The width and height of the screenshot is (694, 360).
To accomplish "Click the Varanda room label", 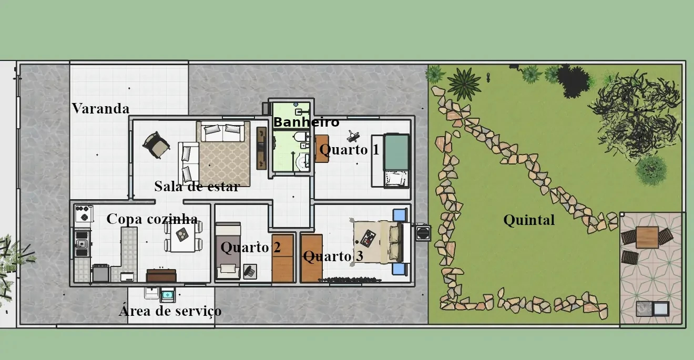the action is (101, 108).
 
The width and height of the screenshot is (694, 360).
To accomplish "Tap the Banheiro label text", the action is (306, 122).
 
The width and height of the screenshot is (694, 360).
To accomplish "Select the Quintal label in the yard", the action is (529, 220).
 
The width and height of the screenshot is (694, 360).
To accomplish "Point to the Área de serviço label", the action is (170, 311).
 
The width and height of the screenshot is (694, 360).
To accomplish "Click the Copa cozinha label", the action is (152, 219).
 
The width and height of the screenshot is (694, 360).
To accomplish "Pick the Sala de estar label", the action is (197, 186).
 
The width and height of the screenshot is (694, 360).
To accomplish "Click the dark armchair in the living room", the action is (156, 145).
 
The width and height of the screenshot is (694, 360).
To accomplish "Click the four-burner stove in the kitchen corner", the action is (84, 213).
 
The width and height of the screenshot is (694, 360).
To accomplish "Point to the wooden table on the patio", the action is (647, 238).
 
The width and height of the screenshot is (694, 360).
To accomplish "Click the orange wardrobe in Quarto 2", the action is (282, 259).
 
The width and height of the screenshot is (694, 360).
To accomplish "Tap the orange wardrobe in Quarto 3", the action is (311, 259).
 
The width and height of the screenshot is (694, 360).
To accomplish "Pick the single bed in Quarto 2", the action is (228, 251).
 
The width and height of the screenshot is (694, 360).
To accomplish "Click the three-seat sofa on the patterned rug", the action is (222, 131).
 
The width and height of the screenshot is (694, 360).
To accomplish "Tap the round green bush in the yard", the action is (651, 170).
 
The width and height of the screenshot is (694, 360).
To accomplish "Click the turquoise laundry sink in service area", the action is (168, 295).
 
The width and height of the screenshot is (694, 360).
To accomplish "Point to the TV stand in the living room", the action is (261, 148).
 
